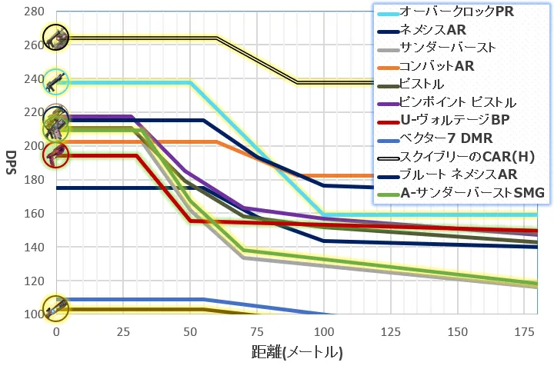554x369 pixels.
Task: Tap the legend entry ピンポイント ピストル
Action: coord(458,101)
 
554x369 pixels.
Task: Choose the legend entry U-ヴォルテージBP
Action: coord(454,119)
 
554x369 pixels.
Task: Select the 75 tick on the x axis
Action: coord(257,331)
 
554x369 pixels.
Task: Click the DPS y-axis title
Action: coord(11,163)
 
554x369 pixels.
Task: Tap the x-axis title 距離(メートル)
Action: coord(296,353)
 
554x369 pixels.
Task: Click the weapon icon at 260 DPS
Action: coord(55,36)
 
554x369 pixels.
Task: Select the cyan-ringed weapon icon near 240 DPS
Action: coord(55,81)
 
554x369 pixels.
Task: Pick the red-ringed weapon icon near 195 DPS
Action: coord(55,155)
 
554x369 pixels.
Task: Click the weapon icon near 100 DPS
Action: coord(55,310)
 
